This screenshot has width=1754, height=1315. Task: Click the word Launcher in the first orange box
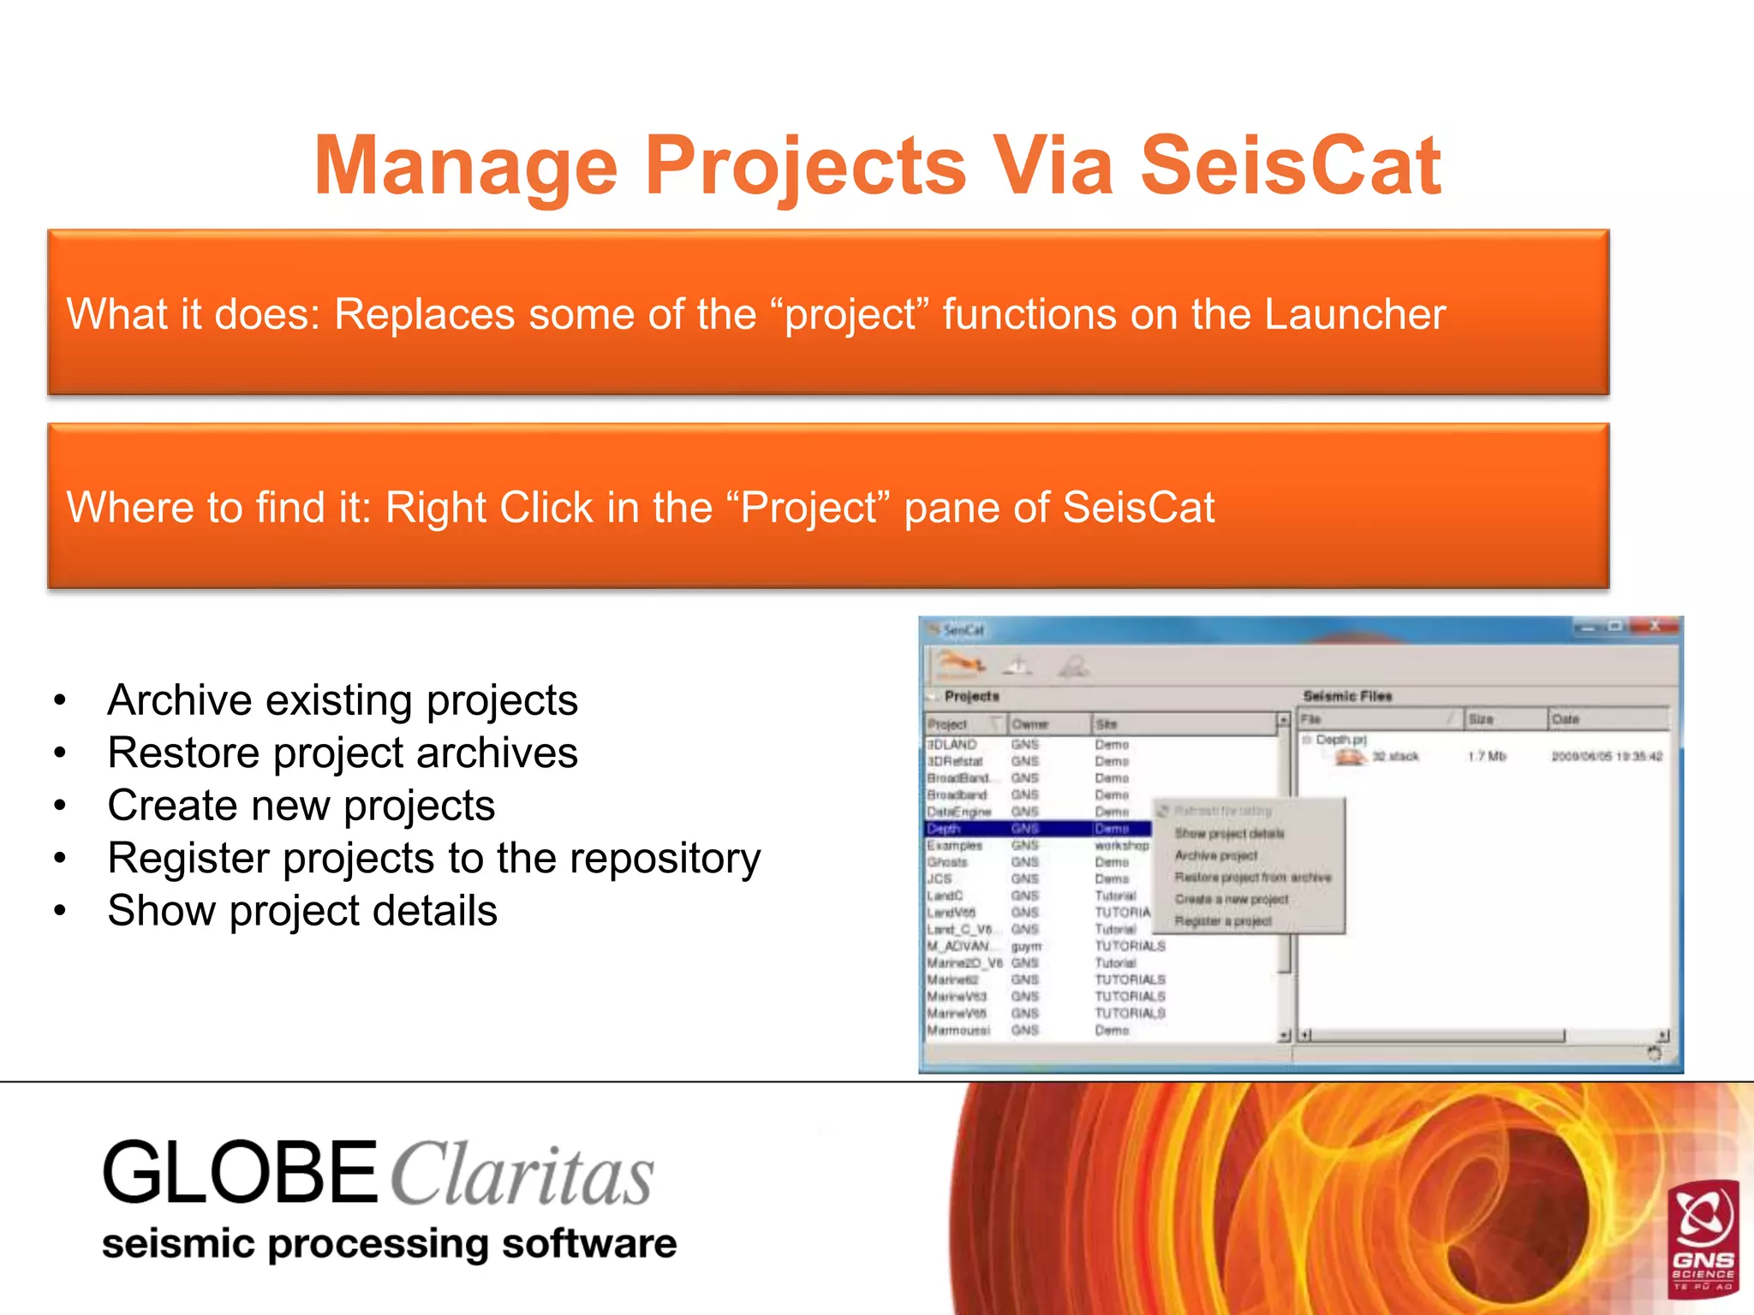pyautogui.click(x=1355, y=314)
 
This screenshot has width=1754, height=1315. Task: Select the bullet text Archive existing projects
pyautogui.click(x=343, y=700)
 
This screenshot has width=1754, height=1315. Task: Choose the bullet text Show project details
pyautogui.click(x=302, y=911)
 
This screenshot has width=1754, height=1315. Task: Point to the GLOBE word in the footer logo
pyautogui.click(x=240, y=1173)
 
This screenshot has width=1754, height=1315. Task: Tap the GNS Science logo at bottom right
pyautogui.click(x=1703, y=1238)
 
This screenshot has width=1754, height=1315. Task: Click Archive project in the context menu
pyautogui.click(x=1215, y=855)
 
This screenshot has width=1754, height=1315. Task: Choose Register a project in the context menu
pyautogui.click(x=1222, y=921)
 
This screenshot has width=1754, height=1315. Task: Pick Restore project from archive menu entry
pyautogui.click(x=1252, y=878)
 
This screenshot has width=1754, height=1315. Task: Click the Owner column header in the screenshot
pyautogui.click(x=1029, y=724)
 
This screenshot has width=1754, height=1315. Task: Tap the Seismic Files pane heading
pyautogui.click(x=1347, y=696)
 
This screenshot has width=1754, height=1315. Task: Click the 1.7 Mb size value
pyautogui.click(x=1486, y=756)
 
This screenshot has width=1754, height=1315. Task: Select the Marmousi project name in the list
pyautogui.click(x=958, y=1030)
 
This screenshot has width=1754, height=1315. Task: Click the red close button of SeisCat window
pyautogui.click(x=1655, y=628)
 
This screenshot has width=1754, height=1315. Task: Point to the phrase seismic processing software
pyautogui.click(x=389, y=1244)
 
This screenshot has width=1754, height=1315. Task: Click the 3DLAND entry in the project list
pyautogui.click(x=952, y=745)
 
